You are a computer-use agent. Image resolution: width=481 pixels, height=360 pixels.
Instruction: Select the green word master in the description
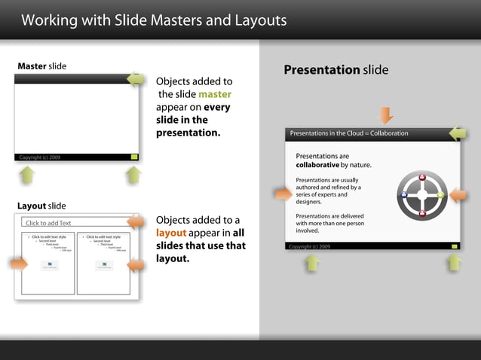tap(214, 94)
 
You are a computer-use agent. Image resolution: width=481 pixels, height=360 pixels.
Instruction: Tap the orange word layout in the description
tap(170, 233)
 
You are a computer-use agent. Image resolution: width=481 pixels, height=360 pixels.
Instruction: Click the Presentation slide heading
tap(335, 70)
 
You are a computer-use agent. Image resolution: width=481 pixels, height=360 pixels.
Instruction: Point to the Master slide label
tap(41, 66)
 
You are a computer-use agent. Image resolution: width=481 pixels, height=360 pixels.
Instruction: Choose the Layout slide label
tap(41, 206)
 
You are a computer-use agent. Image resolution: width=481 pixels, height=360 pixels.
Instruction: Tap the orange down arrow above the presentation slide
tap(386, 115)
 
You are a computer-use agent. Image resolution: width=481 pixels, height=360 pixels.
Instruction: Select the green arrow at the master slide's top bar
tap(135, 79)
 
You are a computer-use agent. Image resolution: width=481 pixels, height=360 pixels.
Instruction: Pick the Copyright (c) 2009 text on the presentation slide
tap(309, 246)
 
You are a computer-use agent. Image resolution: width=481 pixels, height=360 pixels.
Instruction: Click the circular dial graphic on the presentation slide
tap(422, 196)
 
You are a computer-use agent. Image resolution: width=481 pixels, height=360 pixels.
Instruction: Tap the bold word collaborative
tap(317, 165)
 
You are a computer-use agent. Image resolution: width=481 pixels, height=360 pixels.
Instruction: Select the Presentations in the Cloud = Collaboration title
tap(348, 133)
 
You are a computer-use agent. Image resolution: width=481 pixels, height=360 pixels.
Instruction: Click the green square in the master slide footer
tap(134, 157)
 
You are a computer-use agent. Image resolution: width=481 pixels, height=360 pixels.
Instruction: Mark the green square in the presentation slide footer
tap(455, 246)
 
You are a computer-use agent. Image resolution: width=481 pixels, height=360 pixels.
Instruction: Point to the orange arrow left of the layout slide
tap(19, 263)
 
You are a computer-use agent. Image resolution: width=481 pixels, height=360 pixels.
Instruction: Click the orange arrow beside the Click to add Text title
tap(136, 222)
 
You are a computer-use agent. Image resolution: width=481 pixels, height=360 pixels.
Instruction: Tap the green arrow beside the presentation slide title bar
tap(458, 134)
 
